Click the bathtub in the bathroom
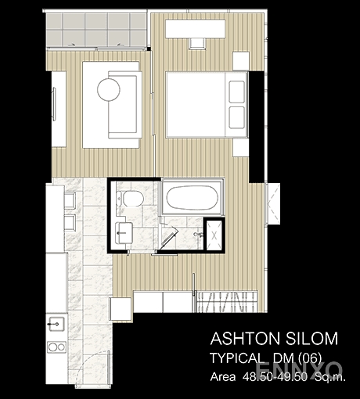193,197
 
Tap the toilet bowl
131,199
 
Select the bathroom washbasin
124,233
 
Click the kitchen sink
56,324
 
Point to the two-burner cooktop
56,347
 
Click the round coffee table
109,89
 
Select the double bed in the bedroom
207,104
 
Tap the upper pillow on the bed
237,92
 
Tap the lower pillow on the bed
237,117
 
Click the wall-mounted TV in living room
54,104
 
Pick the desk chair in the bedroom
197,44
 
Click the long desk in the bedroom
196,29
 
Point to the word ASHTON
244,339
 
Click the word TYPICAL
236,358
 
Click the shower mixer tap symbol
199,234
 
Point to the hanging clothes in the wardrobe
226,302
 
